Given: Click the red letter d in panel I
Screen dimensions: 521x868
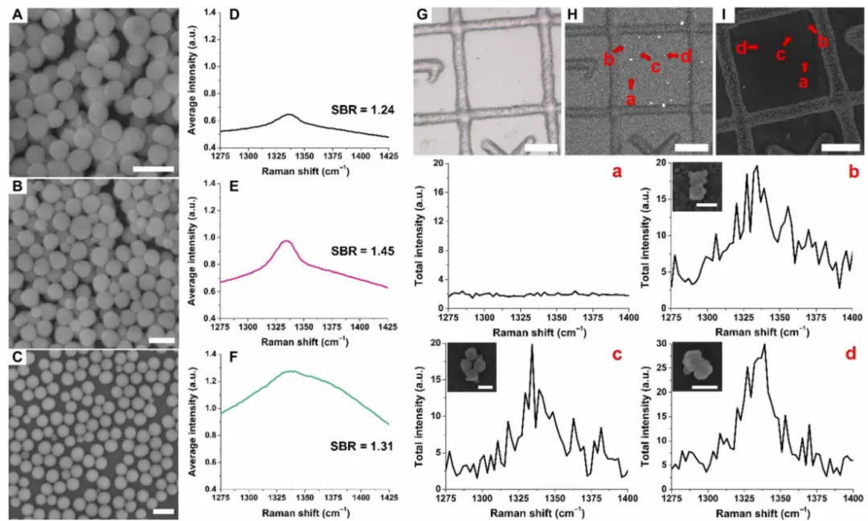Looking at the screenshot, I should pos(741,48).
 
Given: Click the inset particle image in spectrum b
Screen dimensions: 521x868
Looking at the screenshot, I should pos(699,187).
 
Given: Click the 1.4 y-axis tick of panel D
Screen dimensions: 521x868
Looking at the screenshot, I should pos(204,12).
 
